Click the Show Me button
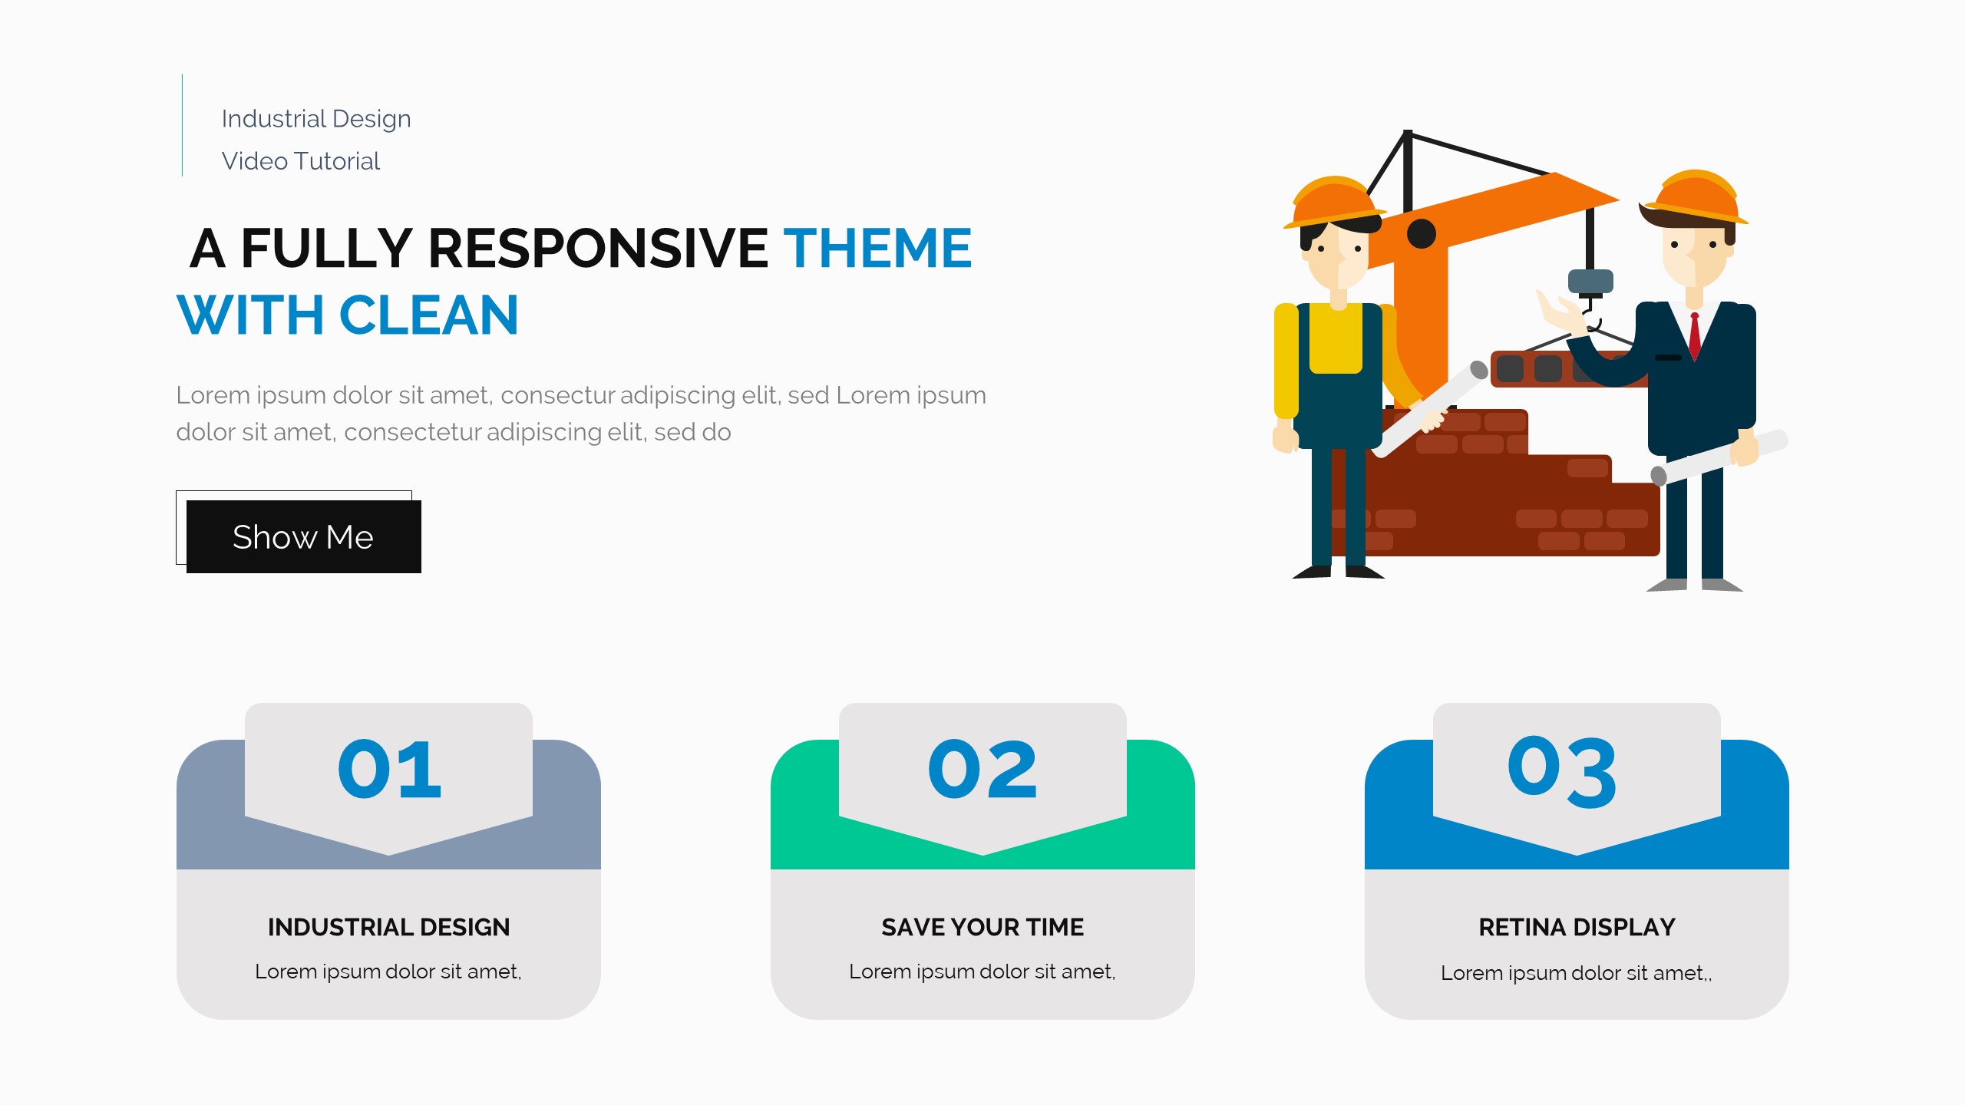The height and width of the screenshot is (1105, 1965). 303,536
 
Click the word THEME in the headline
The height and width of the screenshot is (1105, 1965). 877,249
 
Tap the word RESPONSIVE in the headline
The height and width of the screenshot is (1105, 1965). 598,249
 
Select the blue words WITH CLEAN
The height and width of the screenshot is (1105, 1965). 348,315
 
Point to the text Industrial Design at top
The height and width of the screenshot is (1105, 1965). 316,119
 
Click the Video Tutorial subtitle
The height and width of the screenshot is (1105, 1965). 301,161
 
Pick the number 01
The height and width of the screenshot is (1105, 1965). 389,770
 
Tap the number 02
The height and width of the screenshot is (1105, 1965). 982,770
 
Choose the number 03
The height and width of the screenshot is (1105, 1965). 1562,771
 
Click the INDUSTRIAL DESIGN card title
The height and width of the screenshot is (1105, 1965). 388,927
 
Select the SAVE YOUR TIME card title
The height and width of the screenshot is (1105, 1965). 982,927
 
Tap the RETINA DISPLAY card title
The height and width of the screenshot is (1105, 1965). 1577,927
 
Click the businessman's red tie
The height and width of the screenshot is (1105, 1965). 1695,335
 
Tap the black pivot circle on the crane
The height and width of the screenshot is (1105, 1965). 1422,234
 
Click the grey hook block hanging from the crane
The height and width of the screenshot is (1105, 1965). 1590,282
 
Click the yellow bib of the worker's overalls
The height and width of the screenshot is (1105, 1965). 1336,338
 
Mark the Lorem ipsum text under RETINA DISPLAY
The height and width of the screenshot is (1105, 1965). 1577,973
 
